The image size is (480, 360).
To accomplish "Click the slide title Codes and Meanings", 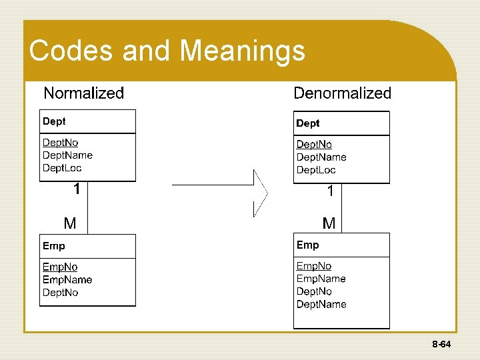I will click(x=167, y=51).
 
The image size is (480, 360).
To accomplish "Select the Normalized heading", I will click(x=83, y=93).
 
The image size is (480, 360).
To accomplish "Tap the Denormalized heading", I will click(x=342, y=93).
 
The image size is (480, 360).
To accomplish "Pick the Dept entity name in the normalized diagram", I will click(x=54, y=121).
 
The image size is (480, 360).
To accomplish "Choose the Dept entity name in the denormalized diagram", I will click(x=307, y=123).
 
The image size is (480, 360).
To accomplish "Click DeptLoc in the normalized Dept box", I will click(x=62, y=168).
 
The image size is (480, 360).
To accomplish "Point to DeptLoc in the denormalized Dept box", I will click(x=316, y=170).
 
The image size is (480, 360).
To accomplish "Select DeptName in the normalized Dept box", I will click(x=67, y=155).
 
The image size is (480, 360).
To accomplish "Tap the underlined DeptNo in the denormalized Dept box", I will click(x=314, y=145).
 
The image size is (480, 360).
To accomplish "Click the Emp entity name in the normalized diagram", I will click(x=54, y=246).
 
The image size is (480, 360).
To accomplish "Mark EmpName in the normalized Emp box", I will click(x=67, y=280).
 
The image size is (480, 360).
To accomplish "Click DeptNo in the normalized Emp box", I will click(x=61, y=293).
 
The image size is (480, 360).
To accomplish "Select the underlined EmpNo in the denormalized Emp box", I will click(x=314, y=266).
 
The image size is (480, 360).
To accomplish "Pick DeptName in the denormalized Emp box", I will click(x=321, y=305).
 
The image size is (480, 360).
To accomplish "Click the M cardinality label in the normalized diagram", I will click(x=70, y=223).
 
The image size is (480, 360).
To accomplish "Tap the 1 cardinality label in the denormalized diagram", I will click(x=330, y=192).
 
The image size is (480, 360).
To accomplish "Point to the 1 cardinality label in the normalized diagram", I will click(x=77, y=189).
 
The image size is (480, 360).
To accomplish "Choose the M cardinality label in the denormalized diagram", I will click(x=329, y=223).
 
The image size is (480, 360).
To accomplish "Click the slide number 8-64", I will click(x=441, y=345).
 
